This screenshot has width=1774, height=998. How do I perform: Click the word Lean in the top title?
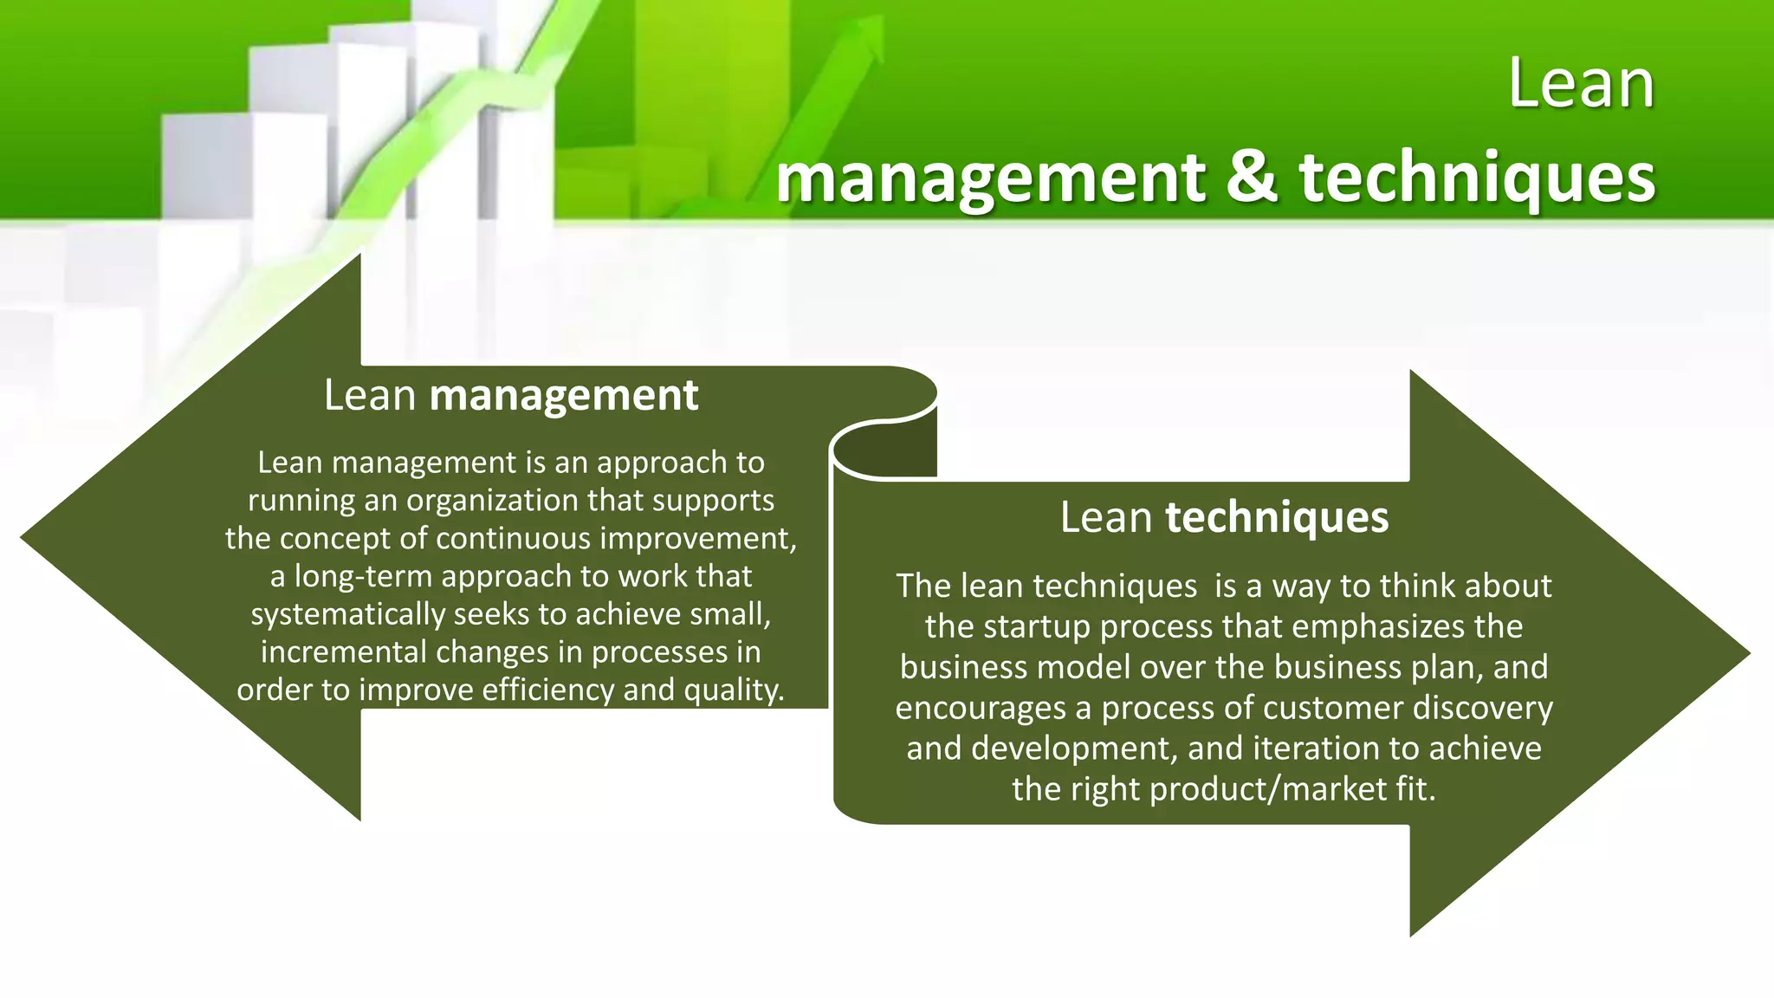(1581, 84)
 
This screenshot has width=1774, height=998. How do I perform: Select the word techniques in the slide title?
(1477, 178)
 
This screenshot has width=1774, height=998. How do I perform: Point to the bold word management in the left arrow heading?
(563, 396)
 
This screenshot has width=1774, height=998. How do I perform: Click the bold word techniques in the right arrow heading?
(1277, 517)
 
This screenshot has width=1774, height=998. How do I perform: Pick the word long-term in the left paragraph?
(361, 576)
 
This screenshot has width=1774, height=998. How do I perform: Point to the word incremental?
(343, 651)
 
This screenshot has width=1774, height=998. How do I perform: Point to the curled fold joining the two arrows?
(884, 446)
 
